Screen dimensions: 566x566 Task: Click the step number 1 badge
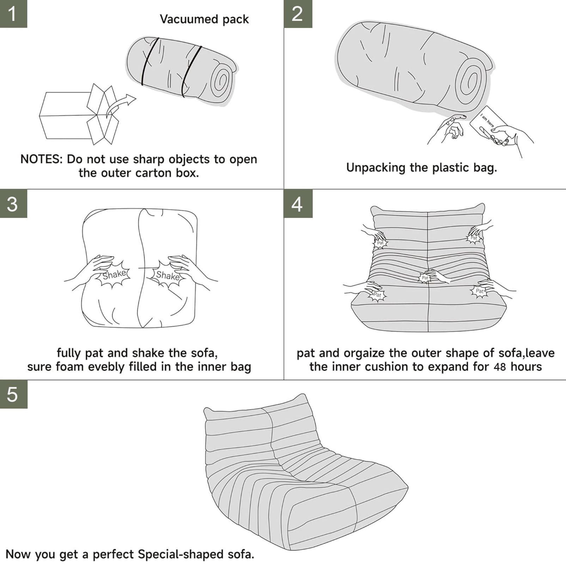pos(13,14)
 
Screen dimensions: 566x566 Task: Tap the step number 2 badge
pos(298,14)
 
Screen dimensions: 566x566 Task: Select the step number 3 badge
pos(13,204)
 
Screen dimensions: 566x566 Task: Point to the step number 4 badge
pos(298,204)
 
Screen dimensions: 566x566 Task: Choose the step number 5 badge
pos(13,394)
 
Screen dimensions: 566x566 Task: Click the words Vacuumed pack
pos(204,19)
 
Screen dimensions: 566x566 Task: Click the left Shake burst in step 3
pos(114,274)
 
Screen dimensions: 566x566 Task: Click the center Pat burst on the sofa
pos(425,278)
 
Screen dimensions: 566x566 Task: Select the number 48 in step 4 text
pos(500,367)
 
